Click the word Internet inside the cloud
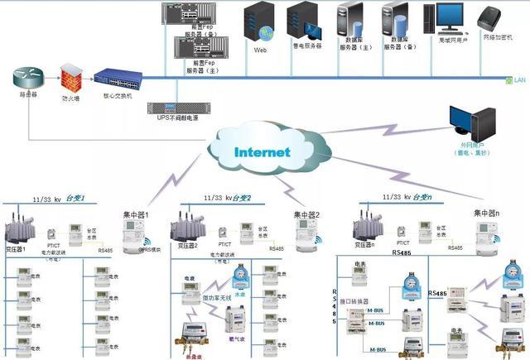point(262,152)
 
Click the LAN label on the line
point(521,79)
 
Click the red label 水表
point(239,293)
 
